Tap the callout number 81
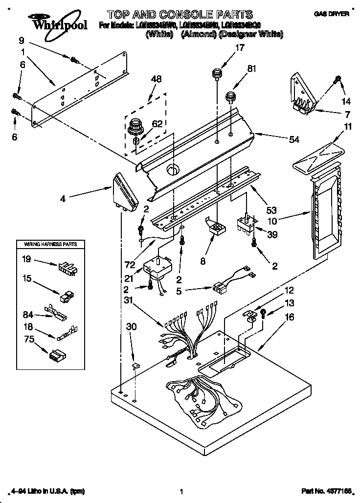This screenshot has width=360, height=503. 251,69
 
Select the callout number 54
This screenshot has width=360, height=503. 293,140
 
